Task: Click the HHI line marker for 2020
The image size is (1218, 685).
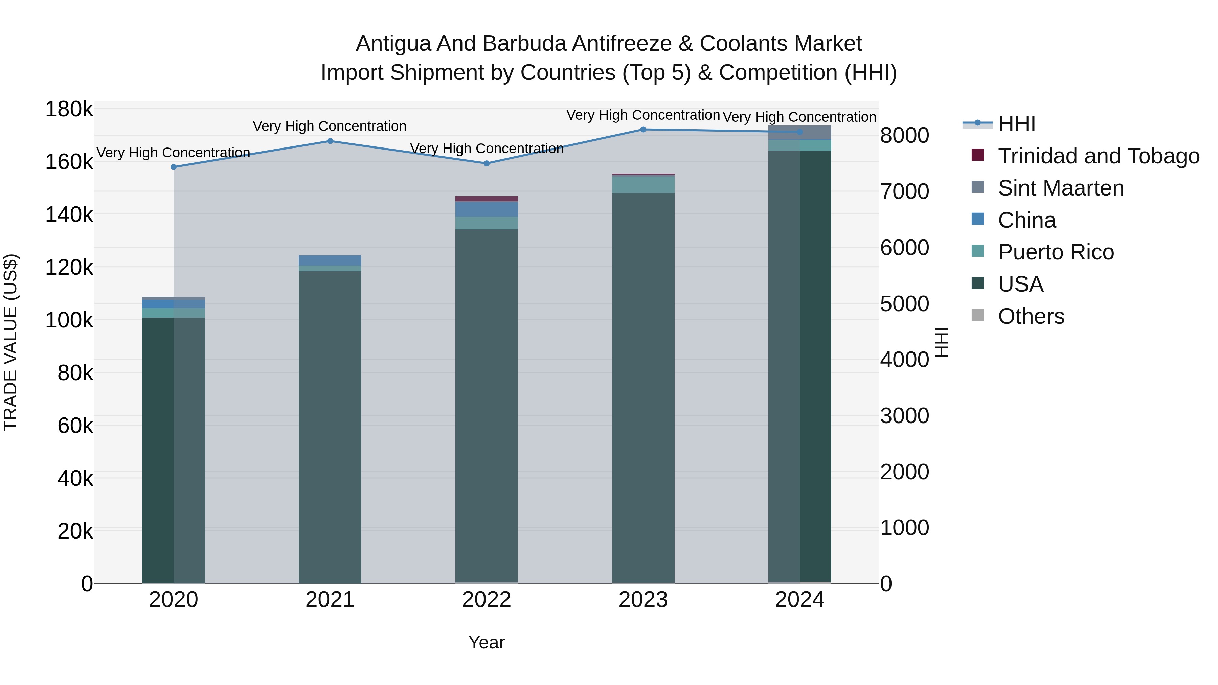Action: (x=174, y=167)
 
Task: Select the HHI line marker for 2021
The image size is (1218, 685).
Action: (x=330, y=141)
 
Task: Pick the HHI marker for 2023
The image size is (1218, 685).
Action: (x=643, y=130)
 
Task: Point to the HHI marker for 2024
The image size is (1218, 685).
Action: (x=799, y=132)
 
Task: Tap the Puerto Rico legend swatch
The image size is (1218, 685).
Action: (x=978, y=251)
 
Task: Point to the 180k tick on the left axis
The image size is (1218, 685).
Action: (x=69, y=109)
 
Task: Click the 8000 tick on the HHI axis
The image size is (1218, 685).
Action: (x=904, y=135)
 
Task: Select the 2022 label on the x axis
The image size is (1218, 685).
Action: (x=487, y=600)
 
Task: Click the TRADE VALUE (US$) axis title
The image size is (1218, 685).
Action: (x=10, y=342)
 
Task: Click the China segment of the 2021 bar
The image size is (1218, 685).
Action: (x=330, y=260)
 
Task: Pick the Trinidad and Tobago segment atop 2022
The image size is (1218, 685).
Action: (x=487, y=199)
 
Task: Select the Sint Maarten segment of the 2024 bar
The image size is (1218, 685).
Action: (x=799, y=133)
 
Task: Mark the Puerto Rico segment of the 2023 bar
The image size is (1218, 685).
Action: (x=643, y=184)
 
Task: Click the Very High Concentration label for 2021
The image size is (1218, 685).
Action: (x=330, y=126)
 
